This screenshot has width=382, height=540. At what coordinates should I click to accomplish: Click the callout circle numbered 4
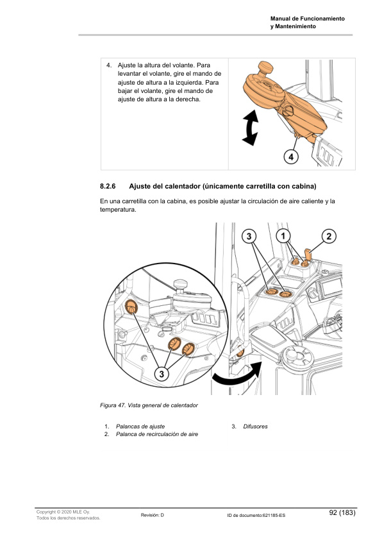[x=290, y=156]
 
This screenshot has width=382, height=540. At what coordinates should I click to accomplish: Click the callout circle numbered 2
[x=329, y=236]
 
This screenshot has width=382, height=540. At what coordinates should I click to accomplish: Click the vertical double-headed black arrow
[x=250, y=127]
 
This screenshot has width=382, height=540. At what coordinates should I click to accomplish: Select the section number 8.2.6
[x=107, y=187]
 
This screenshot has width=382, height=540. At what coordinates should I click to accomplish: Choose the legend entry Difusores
[x=255, y=426]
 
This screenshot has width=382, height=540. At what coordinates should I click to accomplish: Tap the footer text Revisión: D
[x=153, y=515]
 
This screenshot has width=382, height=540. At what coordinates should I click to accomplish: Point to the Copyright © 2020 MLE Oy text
[x=63, y=512]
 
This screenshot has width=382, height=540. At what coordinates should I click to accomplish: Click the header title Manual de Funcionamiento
[x=308, y=19]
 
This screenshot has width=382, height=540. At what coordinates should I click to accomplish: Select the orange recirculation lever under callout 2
[x=307, y=255]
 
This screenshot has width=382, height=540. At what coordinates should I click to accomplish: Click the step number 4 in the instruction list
[x=109, y=65]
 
